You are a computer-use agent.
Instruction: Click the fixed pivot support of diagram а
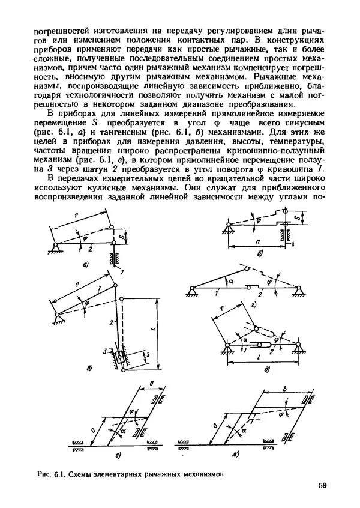[56, 247]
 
